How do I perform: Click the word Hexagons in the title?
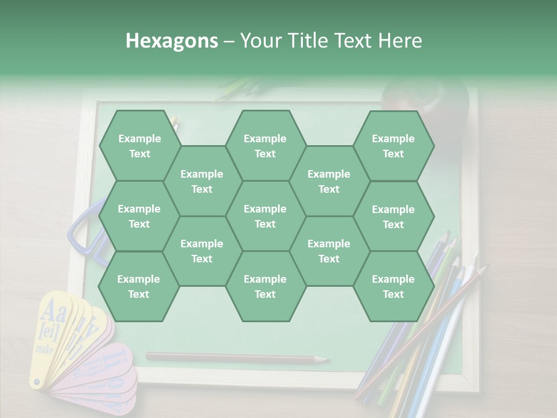point(172,41)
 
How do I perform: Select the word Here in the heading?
point(400,41)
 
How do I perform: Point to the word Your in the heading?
point(259,41)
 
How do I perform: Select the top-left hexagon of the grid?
point(139,146)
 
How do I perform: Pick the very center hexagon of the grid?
point(265,216)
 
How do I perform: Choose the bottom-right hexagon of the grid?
point(393,286)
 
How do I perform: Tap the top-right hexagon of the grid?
point(393,146)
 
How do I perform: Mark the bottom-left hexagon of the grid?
point(139,286)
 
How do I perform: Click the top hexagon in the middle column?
point(265,146)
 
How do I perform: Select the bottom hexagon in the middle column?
point(265,286)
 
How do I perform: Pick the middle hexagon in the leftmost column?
point(139,216)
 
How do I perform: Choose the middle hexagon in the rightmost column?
point(393,217)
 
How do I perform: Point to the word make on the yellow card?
point(44,349)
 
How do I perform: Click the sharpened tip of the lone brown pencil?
point(325,360)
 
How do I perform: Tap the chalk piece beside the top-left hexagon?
point(175,123)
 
